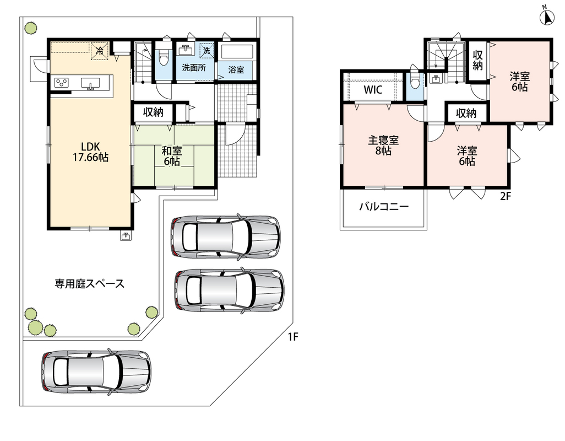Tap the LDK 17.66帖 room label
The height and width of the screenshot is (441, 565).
90,152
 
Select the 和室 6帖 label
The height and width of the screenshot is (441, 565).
172,156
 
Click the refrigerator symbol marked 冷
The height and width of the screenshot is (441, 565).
99,51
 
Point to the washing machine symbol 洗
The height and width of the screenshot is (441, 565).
207,50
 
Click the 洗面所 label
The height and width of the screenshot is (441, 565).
194,67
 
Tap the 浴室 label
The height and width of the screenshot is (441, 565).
236,69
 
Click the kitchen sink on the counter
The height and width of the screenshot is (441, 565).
90,83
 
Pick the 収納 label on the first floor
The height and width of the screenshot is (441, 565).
154,112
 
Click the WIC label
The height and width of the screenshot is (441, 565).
373,89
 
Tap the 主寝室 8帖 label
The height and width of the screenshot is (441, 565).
383,146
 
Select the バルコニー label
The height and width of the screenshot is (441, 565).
384,207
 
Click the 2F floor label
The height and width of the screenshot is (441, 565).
506,196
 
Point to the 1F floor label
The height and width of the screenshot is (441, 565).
293,337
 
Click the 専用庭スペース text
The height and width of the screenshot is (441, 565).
89,284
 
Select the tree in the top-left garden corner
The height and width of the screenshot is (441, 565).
31,28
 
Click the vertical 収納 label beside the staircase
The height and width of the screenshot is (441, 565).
477,60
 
